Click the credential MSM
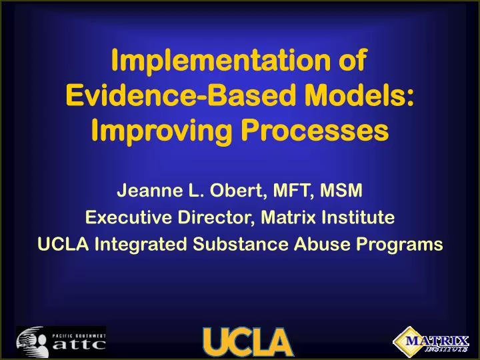(x=342, y=192)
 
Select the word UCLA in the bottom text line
(x=63, y=245)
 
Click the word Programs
(x=390, y=245)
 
